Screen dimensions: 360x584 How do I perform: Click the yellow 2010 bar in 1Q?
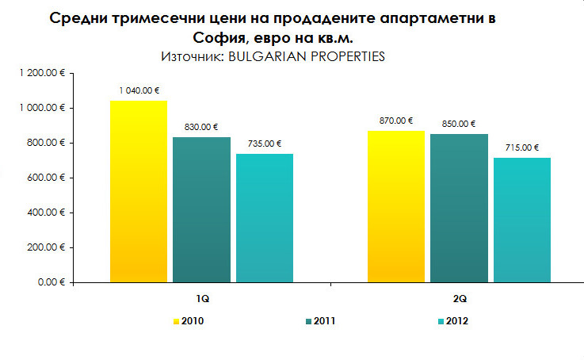(x=139, y=191)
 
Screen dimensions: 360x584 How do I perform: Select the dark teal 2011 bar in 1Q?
(x=201, y=209)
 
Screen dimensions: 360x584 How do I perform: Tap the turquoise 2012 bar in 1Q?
(x=265, y=218)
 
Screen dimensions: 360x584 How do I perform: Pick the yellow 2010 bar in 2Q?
(x=395, y=206)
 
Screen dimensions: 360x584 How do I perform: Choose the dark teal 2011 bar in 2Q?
(x=459, y=208)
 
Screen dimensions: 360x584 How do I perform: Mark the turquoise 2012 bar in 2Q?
(x=521, y=220)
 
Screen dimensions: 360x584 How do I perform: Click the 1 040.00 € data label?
(x=139, y=90)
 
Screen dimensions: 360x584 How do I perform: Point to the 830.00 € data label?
(x=201, y=127)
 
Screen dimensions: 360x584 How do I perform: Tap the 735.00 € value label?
(x=265, y=144)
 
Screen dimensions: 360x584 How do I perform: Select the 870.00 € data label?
(x=396, y=121)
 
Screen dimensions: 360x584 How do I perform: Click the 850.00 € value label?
(x=459, y=124)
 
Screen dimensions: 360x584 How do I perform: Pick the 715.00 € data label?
(x=522, y=147)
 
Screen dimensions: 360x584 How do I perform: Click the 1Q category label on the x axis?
(x=203, y=300)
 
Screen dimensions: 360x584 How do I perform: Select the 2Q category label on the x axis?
(x=460, y=300)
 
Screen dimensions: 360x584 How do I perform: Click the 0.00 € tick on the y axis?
(x=50, y=282)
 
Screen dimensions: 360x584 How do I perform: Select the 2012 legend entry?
(x=454, y=321)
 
